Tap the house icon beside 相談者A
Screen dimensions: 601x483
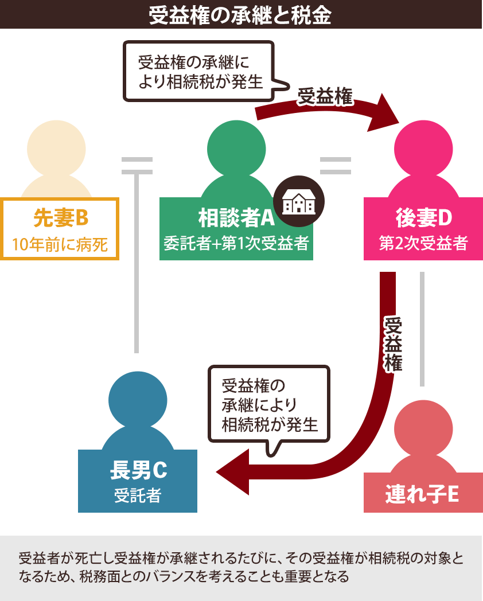298,201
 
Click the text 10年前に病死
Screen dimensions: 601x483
60,245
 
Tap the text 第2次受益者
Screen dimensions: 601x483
423,244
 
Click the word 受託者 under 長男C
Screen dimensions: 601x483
138,495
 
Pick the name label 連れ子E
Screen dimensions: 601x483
422,493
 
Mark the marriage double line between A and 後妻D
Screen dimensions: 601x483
335,166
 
